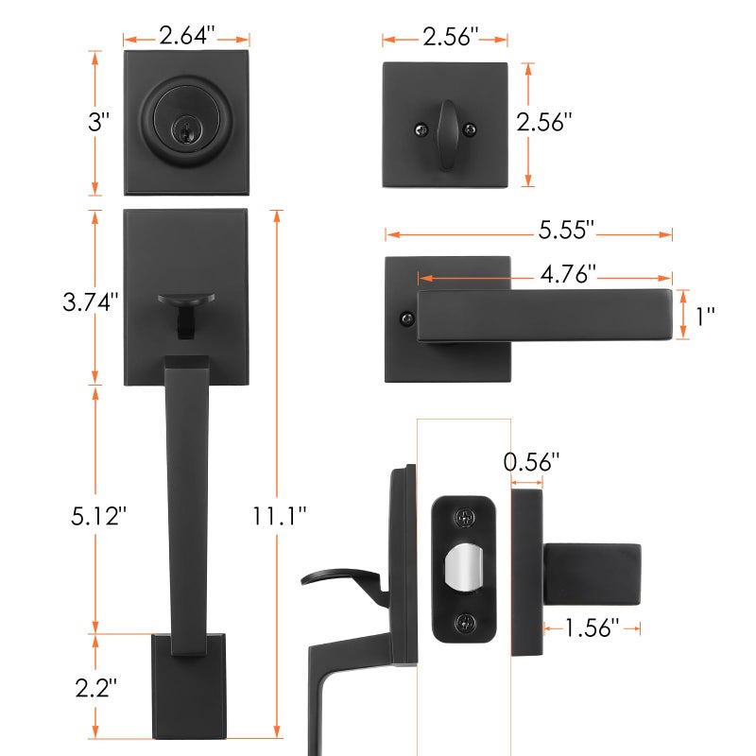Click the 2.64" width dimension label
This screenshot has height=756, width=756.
tap(186, 36)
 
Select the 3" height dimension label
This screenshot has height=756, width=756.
tap(98, 122)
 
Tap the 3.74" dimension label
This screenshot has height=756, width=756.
tap(90, 302)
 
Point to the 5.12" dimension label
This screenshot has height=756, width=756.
tap(98, 516)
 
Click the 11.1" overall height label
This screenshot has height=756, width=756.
tap(280, 516)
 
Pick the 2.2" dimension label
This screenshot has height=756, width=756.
tap(96, 688)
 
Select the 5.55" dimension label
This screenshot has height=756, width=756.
tap(566, 230)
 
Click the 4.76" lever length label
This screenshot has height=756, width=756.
tap(568, 274)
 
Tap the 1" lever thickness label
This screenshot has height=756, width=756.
tap(705, 317)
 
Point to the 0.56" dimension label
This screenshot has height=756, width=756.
tap(531, 462)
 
